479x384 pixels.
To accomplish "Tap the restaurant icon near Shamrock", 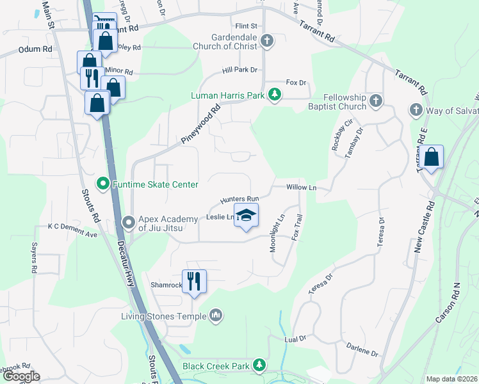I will tap(194, 280).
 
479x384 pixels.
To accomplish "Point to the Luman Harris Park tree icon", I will tap(275, 95).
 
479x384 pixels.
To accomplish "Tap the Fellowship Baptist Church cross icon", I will tap(376, 100).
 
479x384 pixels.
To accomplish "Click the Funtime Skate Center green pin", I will tap(102, 185).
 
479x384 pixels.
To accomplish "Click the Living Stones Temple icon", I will tap(216, 316).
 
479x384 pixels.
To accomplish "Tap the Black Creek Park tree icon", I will tap(259, 365).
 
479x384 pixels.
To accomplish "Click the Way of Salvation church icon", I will tap(416, 111).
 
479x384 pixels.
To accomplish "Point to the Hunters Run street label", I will tap(239, 200).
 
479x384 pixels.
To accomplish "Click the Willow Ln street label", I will tap(302, 188).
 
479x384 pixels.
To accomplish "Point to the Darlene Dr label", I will tap(363, 350).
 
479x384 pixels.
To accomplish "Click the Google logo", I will tap(20, 376).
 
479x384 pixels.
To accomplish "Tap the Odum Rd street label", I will tap(35, 49).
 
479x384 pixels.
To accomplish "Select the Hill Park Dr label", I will tap(239, 69).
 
